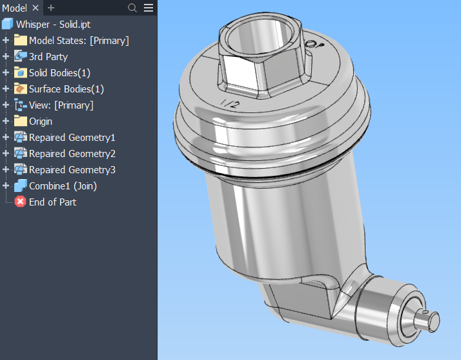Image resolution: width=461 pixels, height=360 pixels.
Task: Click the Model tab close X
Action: pyautogui.click(x=36, y=8)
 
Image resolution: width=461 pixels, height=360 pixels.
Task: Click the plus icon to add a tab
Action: pyautogui.click(x=51, y=8)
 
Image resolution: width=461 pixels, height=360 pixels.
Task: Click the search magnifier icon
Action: pyautogui.click(x=132, y=8)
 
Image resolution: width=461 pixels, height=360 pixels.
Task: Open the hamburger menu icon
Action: pyautogui.click(x=149, y=8)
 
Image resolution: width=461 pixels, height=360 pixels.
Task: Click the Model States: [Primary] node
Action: pyautogui.click(x=79, y=40)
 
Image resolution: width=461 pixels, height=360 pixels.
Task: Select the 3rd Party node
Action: pyautogui.click(x=48, y=56)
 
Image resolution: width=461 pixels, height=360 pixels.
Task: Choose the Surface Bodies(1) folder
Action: pyautogui.click(x=66, y=89)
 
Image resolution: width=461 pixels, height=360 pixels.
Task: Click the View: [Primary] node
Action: pyautogui.click(x=61, y=105)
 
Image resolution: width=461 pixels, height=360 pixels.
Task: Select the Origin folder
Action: pyautogui.click(x=41, y=121)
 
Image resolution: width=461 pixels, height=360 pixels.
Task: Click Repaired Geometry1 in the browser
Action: pyautogui.click(x=72, y=137)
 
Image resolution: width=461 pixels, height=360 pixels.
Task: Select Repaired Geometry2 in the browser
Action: pyautogui.click(x=72, y=153)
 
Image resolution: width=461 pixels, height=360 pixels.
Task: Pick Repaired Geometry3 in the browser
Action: pyautogui.click(x=72, y=169)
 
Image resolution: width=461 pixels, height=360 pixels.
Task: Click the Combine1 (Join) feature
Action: pyautogui.click(x=63, y=185)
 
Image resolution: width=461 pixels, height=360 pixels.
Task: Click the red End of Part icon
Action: pyautogui.click(x=20, y=202)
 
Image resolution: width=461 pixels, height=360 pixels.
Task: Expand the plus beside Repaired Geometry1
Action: pyautogui.click(x=6, y=137)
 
